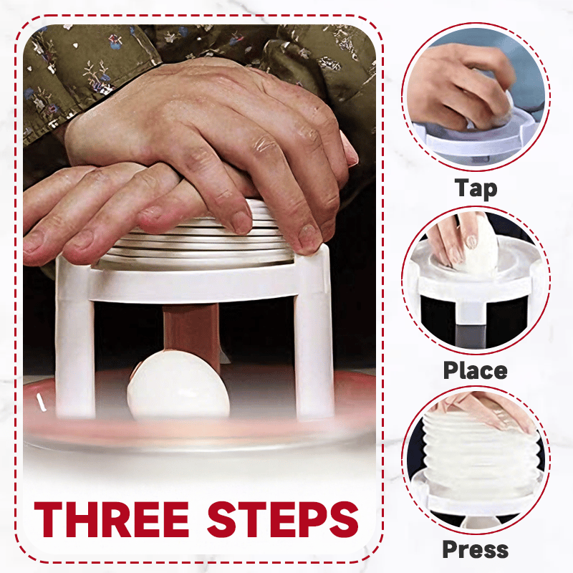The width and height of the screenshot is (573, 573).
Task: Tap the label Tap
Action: point(476,188)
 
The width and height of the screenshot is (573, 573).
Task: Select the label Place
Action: point(475,370)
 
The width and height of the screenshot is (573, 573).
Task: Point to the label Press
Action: point(475,549)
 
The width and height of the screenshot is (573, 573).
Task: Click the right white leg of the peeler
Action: point(314,344)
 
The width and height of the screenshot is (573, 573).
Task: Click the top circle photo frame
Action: point(476,97)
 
